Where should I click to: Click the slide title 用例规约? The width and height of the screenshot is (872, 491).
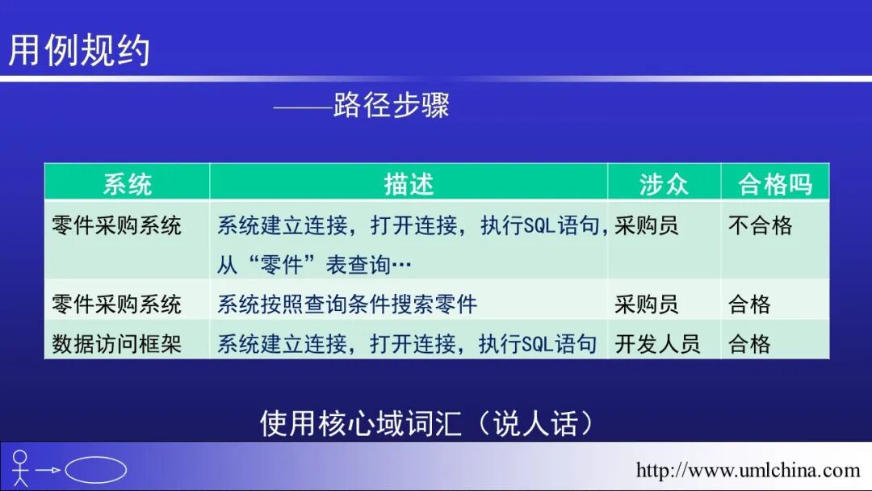[x=79, y=50]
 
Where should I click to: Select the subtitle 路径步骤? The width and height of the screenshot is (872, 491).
[x=391, y=105]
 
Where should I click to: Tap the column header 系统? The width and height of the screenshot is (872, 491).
[x=127, y=184]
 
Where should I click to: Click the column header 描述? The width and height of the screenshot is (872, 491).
[x=409, y=184]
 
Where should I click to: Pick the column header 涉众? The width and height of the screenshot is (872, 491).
[x=664, y=184]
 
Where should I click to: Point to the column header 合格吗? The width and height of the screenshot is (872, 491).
[x=774, y=184]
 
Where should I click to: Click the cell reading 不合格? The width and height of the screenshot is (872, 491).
[x=760, y=225]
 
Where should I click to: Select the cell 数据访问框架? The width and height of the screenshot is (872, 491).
[x=116, y=344]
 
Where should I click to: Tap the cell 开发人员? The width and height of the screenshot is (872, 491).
[x=657, y=344]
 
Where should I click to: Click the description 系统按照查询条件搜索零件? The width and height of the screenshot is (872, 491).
[x=347, y=304]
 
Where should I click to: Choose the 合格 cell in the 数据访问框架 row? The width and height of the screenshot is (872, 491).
[x=749, y=344]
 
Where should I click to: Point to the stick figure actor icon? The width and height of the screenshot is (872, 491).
[x=20, y=468]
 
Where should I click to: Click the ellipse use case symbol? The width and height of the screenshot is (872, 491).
[x=95, y=469]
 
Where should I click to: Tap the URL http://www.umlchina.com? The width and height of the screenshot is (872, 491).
[x=748, y=470]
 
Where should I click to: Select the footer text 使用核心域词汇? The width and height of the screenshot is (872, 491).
[x=360, y=423]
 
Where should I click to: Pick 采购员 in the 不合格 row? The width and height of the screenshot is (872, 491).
[x=646, y=225]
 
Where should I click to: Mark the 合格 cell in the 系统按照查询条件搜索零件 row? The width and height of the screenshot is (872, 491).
[x=749, y=304]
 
